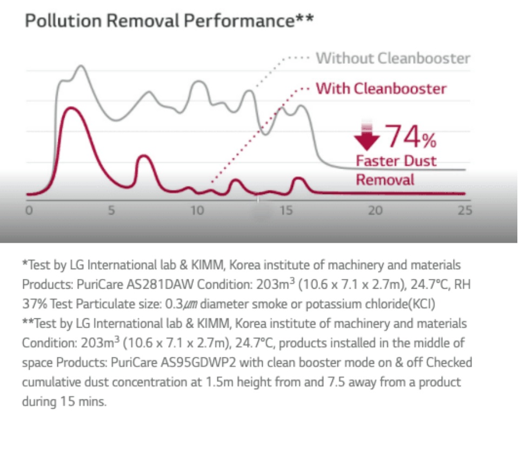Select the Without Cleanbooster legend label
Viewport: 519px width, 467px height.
point(393,58)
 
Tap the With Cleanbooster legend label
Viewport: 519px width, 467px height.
point(381,89)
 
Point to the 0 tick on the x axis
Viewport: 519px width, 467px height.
point(29,210)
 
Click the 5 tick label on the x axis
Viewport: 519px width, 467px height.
point(111,210)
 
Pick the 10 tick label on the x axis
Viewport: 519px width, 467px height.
point(197,210)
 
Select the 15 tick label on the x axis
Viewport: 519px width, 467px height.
point(287,210)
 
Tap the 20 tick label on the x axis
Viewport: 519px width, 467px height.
point(375,210)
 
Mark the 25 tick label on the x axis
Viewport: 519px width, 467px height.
point(464,210)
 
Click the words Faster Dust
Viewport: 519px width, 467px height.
point(396,161)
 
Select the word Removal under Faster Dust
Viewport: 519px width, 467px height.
point(385,179)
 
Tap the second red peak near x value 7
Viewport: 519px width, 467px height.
point(143,156)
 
